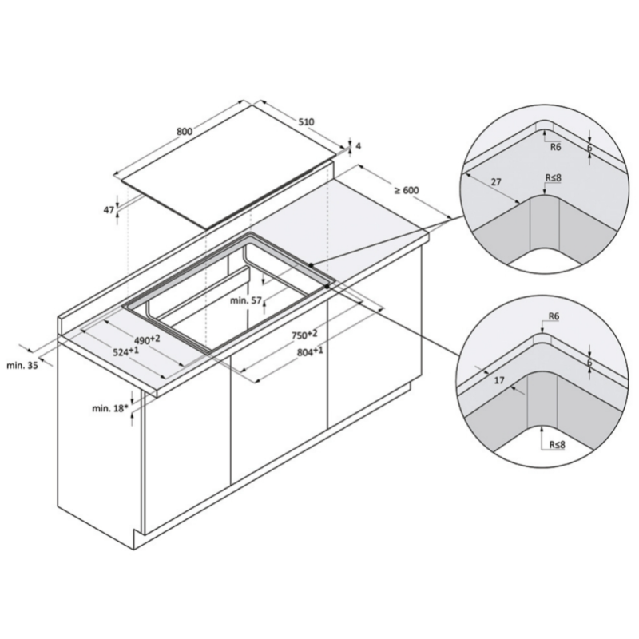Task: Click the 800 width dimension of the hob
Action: [184, 132]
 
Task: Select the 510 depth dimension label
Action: [305, 122]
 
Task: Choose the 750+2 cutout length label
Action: [304, 335]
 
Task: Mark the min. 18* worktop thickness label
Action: [110, 408]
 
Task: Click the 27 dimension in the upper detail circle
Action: [495, 182]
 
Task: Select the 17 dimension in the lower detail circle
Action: [498, 381]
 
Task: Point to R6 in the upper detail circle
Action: [555, 146]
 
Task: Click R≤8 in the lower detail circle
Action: [556, 443]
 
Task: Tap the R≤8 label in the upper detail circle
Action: [552, 177]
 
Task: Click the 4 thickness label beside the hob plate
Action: [359, 146]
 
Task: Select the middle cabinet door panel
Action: [279, 423]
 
